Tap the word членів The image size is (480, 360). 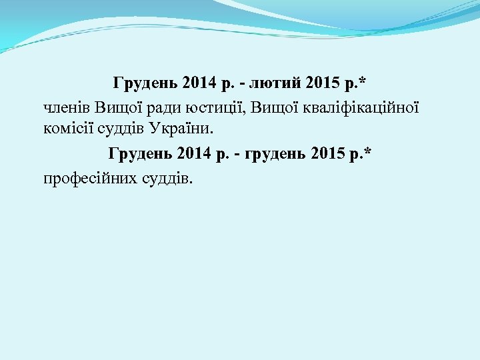tap(66, 105)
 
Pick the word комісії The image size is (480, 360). tap(69, 127)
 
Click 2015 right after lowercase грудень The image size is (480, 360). tap(330, 155)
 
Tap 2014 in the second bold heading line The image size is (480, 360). tap(195, 155)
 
